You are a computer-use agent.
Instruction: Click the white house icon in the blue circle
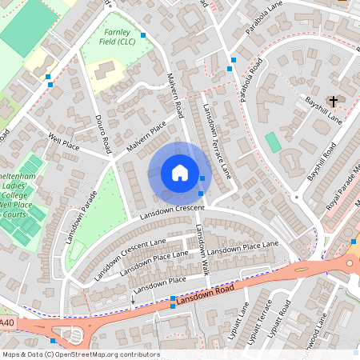pyautogui.click(x=179, y=172)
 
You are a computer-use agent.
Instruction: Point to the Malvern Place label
pyautogui.click(x=146, y=137)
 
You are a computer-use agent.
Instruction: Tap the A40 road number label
pyautogui.click(x=7, y=322)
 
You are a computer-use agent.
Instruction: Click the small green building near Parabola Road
pyautogui.click(x=273, y=142)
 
